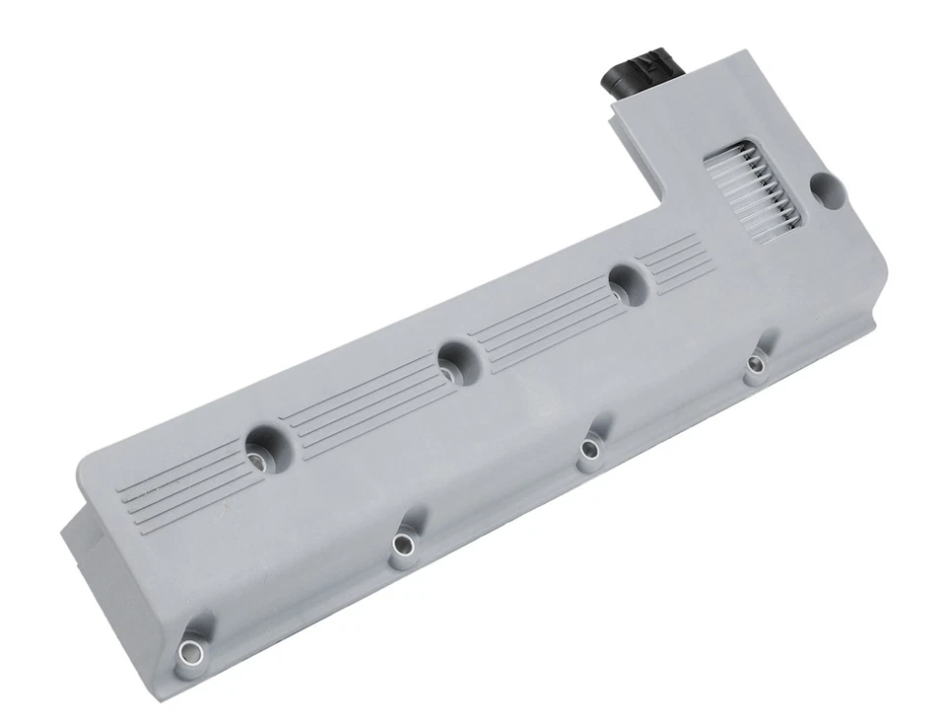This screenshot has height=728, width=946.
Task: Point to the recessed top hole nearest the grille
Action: point(624,281)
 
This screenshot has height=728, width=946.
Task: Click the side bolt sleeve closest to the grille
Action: point(756,365)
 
